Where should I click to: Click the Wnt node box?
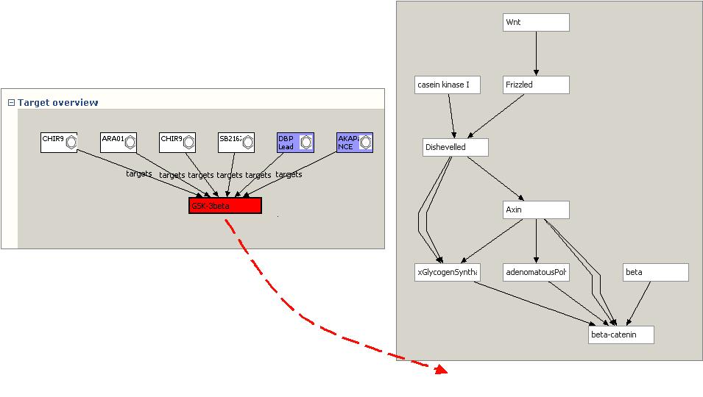click(x=536, y=23)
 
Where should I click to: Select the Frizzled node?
click(x=536, y=85)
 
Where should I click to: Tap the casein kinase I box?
click(x=448, y=85)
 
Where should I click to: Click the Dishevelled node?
click(x=455, y=148)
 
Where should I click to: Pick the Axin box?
click(x=536, y=210)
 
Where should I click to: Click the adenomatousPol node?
click(x=536, y=273)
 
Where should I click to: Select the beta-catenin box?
click(x=621, y=335)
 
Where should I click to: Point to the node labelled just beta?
click(x=656, y=273)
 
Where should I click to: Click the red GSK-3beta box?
click(x=225, y=206)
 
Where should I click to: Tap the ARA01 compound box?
click(x=119, y=142)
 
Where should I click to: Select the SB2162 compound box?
click(x=236, y=142)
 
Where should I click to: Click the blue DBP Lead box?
click(x=295, y=142)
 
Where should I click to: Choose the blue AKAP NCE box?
click(x=354, y=142)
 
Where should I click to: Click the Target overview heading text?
click(x=57, y=103)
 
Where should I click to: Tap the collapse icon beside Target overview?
click(x=11, y=103)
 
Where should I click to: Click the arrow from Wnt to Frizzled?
click(x=536, y=54)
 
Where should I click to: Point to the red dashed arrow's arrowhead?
click(x=441, y=370)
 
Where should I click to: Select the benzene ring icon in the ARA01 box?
click(x=130, y=142)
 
